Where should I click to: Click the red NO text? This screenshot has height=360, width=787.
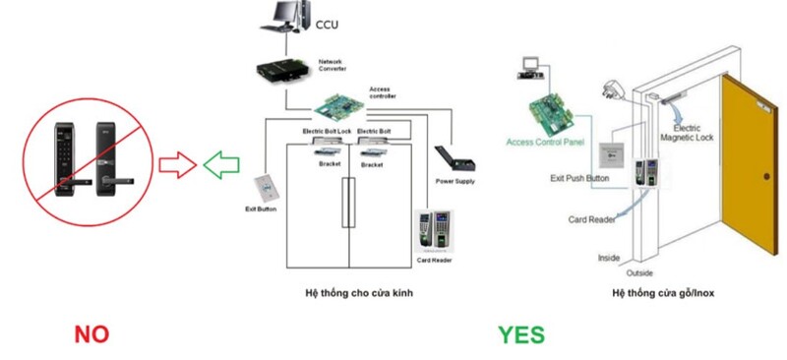tap(91, 334)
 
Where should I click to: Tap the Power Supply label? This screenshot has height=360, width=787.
tap(454, 181)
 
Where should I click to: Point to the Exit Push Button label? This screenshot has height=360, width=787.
tap(579, 178)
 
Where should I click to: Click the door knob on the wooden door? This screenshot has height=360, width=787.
tap(766, 175)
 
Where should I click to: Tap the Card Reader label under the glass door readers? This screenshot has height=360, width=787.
tap(434, 261)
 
